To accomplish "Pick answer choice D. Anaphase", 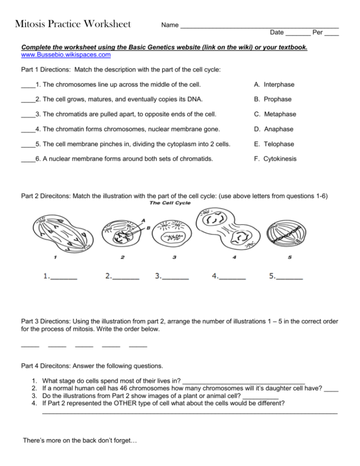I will tap(273, 129).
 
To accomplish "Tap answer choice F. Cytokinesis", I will tap(275, 159).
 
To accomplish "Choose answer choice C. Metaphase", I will tap(275, 114).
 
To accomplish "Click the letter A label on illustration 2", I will tap(142, 220).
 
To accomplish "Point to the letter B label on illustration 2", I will tap(149, 228).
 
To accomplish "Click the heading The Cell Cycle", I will tap(170, 203).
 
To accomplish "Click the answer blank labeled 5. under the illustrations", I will tap(290, 278).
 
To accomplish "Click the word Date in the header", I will tap(277, 33).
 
